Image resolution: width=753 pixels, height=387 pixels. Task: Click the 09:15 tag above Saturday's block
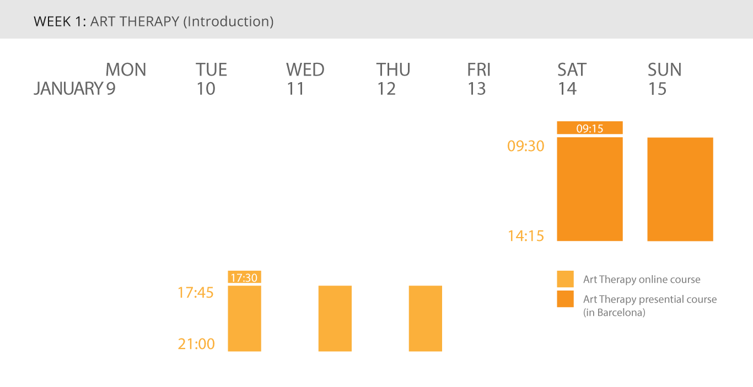(x=590, y=128)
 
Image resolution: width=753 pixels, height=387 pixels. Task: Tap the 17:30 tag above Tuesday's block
(x=244, y=277)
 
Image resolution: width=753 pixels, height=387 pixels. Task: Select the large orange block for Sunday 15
(x=680, y=189)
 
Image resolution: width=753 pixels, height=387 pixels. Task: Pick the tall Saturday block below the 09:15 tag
(x=590, y=189)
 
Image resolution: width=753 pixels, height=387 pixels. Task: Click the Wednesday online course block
(x=335, y=319)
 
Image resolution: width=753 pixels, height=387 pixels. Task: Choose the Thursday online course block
(x=425, y=319)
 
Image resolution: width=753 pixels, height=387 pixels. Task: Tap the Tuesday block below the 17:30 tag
(x=244, y=319)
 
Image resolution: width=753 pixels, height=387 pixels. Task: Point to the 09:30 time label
(x=526, y=146)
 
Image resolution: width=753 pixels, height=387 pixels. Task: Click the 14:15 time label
(x=526, y=236)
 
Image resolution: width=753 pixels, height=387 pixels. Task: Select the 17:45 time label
(x=195, y=293)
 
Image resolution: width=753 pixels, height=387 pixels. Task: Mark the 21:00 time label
(x=196, y=343)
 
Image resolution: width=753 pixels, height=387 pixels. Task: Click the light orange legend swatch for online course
(x=565, y=279)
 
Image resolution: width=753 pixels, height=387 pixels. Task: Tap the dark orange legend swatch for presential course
(x=565, y=299)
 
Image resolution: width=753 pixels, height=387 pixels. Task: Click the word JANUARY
(x=68, y=88)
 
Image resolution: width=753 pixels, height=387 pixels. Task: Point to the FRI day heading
(x=478, y=69)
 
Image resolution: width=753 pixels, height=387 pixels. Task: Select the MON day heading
(x=126, y=69)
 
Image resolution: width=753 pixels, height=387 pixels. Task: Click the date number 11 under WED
(x=295, y=89)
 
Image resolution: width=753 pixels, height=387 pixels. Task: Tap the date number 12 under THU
(x=386, y=89)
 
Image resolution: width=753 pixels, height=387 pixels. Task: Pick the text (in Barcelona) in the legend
(x=614, y=313)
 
